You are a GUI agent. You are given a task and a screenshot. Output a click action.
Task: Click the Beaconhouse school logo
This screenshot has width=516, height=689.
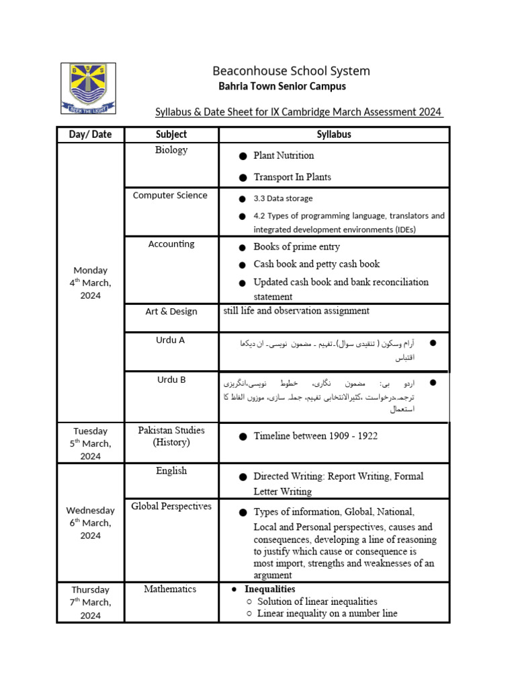pos(88,88)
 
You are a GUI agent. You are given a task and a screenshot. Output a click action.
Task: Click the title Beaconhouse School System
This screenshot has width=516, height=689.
pos(291,71)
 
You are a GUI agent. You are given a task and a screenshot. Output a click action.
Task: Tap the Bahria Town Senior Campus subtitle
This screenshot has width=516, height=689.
pos(282,86)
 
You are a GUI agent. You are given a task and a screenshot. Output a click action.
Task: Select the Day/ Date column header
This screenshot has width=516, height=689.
pos(90,134)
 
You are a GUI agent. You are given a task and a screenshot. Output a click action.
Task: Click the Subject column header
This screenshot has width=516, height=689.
pos(171,134)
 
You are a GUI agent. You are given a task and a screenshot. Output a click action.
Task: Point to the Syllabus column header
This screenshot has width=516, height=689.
pos(334,134)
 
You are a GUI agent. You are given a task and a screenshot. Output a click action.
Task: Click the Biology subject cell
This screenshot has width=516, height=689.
pos(171,149)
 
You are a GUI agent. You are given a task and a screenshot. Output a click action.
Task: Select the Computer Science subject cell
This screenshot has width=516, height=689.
pos(170,195)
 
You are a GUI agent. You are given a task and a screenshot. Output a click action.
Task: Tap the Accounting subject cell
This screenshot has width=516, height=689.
pos(171,244)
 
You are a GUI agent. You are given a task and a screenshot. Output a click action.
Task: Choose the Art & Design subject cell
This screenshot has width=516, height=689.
pos(171,312)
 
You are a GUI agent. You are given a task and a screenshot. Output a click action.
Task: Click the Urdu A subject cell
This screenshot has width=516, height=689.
pos(171,340)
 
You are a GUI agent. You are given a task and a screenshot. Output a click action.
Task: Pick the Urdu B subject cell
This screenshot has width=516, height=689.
pos(171,379)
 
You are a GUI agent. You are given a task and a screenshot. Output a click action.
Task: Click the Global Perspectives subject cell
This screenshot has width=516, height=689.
pos(171,506)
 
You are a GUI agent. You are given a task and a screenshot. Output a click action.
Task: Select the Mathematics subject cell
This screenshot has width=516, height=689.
pos(170,589)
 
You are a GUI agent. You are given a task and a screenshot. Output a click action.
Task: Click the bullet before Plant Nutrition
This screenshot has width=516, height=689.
pos(243,156)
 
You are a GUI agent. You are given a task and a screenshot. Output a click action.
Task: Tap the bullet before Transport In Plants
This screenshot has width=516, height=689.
pos(243,178)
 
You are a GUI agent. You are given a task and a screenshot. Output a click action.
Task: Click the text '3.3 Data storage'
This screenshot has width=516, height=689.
pos(283,198)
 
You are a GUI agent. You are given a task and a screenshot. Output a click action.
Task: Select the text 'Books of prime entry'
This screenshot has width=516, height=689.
pos(296,247)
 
